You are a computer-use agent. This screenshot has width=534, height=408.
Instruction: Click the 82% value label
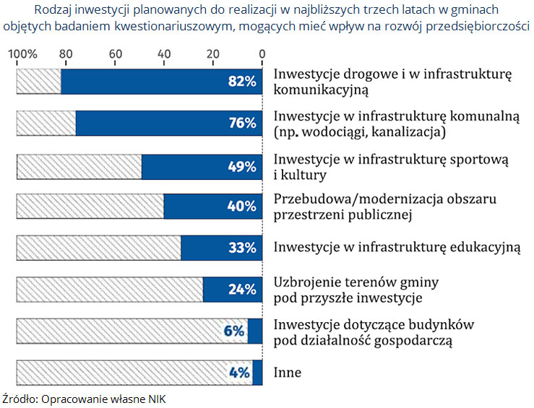(x=242, y=82)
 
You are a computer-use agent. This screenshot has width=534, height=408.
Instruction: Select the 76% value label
(x=242, y=123)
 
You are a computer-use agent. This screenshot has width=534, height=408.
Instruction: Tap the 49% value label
(x=242, y=167)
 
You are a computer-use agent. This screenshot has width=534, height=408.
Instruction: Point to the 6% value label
(x=234, y=331)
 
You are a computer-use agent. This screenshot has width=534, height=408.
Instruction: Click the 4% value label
(x=239, y=373)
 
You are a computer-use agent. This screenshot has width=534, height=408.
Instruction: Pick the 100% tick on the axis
(x=22, y=54)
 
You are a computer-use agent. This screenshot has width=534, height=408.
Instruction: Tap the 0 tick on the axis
(x=262, y=54)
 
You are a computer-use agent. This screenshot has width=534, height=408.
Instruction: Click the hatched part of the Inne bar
(x=134, y=373)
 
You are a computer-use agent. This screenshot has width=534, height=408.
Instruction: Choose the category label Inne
(x=287, y=373)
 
